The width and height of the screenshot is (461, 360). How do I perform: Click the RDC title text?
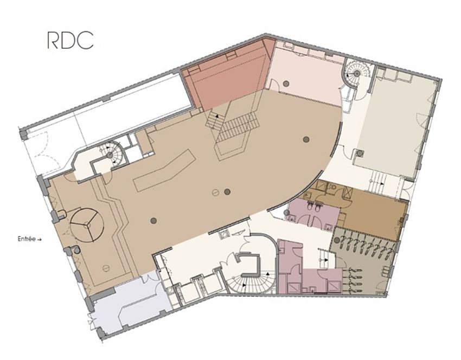71,40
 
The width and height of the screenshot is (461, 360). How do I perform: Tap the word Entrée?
27,239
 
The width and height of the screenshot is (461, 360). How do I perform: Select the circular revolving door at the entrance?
87,225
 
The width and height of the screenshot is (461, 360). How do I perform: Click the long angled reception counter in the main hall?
165,170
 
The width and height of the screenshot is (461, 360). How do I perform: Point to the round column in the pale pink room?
286,83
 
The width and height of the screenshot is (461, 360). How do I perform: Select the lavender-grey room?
130,306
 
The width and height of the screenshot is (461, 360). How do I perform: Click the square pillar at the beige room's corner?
359,153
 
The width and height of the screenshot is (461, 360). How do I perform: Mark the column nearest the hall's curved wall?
306,139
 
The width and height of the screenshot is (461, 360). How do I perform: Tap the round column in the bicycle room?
337,241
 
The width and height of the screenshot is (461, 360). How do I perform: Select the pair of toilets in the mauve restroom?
313,208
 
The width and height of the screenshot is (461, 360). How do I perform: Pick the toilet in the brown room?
334,187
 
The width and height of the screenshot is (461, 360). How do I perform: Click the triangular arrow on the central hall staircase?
217,116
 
